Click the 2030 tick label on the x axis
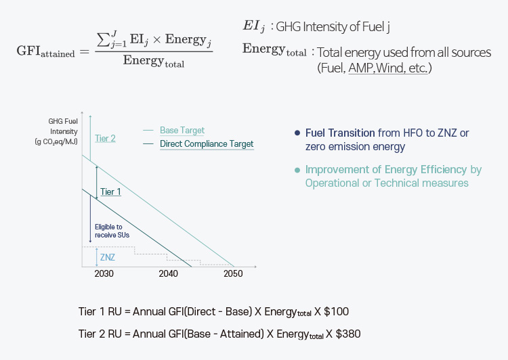pyautogui.click(x=104, y=274)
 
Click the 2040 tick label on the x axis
pyautogui.click(x=169, y=274)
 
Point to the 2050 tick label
pyautogui.click(x=233, y=274)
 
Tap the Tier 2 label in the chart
pyautogui.click(x=105, y=139)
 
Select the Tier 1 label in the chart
pyautogui.click(x=110, y=192)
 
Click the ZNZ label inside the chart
pyautogui.click(x=107, y=257)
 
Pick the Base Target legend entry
pyautogui.click(x=182, y=131)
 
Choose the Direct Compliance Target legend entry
pyautogui.click(x=207, y=144)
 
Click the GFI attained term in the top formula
pyautogui.click(x=46, y=53)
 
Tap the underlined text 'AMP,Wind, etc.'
pyautogui.click(x=388, y=68)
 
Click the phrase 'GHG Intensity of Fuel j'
pyautogui.click(x=333, y=27)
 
